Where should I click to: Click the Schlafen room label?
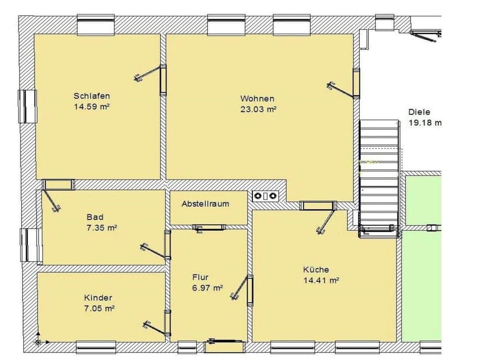(x=92, y=96)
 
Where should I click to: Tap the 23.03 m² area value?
(x=257, y=108)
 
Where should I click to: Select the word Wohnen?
(x=257, y=99)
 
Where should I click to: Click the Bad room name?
(x=95, y=217)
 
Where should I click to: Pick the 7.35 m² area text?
(x=101, y=228)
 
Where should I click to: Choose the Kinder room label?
(x=98, y=298)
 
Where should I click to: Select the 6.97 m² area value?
(x=207, y=288)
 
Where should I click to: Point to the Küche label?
(x=316, y=270)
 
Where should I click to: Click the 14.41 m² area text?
(x=321, y=280)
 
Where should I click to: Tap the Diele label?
(x=419, y=112)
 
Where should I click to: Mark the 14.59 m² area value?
(x=92, y=106)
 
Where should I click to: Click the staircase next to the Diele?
(x=379, y=175)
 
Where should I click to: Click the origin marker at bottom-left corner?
(x=38, y=342)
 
